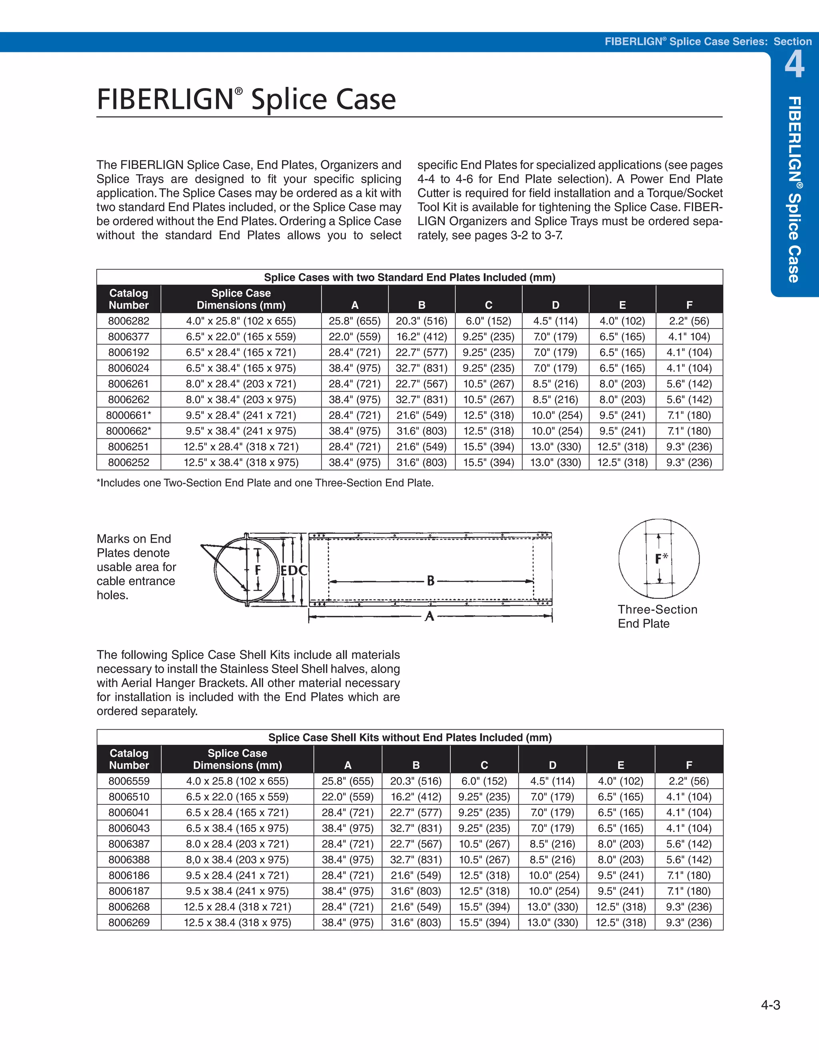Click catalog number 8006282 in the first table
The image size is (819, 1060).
[x=129, y=321]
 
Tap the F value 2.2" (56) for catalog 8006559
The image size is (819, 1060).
[x=689, y=781]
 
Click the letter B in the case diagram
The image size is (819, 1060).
[x=430, y=580]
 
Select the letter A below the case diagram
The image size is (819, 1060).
[x=429, y=616]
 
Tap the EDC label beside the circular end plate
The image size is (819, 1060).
[x=294, y=570]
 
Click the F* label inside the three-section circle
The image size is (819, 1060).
[x=661, y=559]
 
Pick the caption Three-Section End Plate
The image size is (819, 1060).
[x=657, y=616]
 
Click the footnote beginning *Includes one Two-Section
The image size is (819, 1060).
[x=265, y=483]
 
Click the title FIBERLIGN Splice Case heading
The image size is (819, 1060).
[x=246, y=100]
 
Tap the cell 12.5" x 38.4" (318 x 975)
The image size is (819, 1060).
[x=241, y=462]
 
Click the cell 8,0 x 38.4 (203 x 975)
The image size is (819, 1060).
[x=237, y=860]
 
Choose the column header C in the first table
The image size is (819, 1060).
[x=489, y=305]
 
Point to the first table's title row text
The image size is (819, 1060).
[x=409, y=277]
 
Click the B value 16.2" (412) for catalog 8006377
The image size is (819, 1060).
[x=421, y=336]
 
